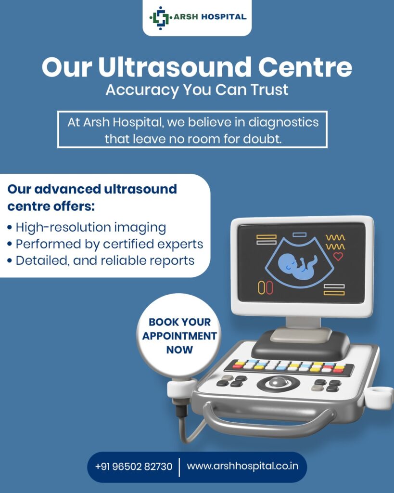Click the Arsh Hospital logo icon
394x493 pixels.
tap(161, 18)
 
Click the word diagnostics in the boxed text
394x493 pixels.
tap(283, 122)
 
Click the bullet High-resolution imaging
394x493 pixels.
tap(87, 227)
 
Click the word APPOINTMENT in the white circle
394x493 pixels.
tap(179, 336)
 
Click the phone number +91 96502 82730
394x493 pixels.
tap(134, 466)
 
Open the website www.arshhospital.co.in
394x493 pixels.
tap(242, 466)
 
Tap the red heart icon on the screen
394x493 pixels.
tap(338, 256)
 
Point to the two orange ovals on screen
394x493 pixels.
tap(265, 288)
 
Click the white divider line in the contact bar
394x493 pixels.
tap(179, 467)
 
